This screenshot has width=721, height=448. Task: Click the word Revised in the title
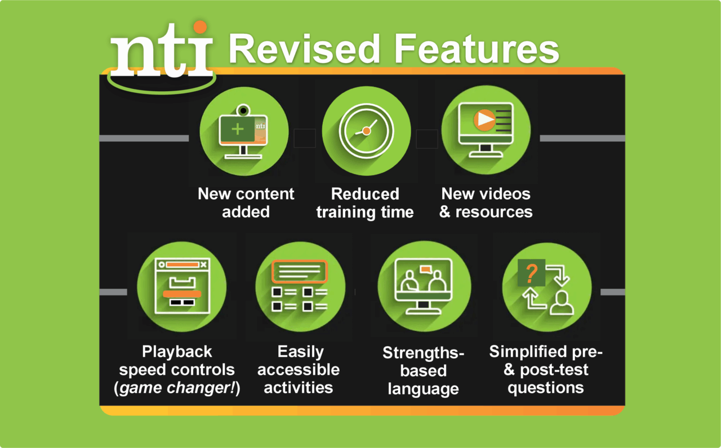pyautogui.click(x=304, y=49)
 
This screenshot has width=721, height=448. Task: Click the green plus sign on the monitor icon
pyautogui.click(x=238, y=129)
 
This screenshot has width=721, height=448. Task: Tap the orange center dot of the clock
pyautogui.click(x=366, y=131)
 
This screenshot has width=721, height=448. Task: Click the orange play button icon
pyautogui.click(x=484, y=119)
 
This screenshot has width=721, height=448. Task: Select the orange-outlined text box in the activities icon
pyautogui.click(x=299, y=271)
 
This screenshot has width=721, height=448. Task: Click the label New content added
pyautogui.click(x=246, y=203)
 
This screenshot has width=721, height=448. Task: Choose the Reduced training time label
pyautogui.click(x=365, y=203)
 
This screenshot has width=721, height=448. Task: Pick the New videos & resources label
pyautogui.click(x=486, y=203)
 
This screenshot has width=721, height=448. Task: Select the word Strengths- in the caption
pyautogui.click(x=423, y=353)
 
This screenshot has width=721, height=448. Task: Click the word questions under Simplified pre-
pyautogui.click(x=545, y=388)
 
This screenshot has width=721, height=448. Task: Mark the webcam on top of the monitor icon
pyautogui.click(x=243, y=110)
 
